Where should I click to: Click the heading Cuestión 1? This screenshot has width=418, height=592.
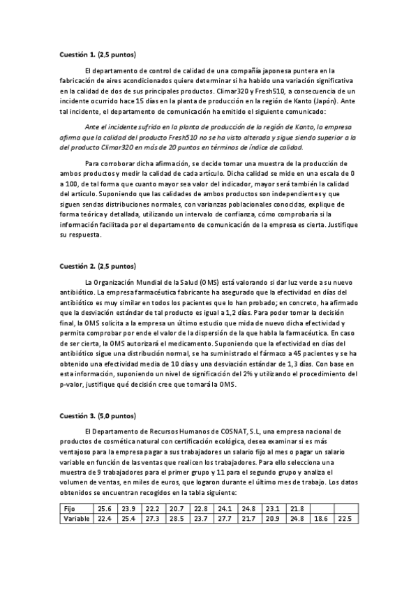(x=77, y=54)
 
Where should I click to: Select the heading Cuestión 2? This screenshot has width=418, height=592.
(x=77, y=266)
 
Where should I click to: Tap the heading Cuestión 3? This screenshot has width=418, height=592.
(x=77, y=415)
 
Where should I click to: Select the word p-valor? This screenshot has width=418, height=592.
(x=72, y=383)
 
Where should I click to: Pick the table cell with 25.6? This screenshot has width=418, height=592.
(x=105, y=508)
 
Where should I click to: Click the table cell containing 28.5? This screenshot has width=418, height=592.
(x=177, y=519)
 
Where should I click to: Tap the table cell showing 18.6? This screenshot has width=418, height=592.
(x=320, y=519)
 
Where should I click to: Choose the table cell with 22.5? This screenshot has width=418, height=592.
(x=343, y=519)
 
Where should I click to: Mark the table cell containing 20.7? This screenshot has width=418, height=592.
(x=177, y=508)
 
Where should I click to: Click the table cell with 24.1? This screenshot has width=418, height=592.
(x=224, y=508)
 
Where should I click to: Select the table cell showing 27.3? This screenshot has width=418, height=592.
(x=153, y=519)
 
